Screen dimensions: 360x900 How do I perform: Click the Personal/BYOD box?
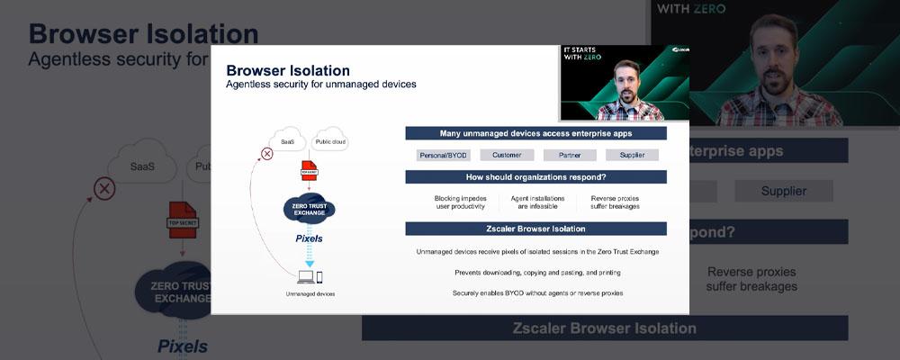click(x=445, y=155)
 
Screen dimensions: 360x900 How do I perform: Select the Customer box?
click(x=507, y=155)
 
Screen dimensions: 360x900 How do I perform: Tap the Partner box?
click(x=569, y=155)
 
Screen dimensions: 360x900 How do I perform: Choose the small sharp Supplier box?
click(x=632, y=155)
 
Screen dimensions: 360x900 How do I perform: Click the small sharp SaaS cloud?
click(x=287, y=141)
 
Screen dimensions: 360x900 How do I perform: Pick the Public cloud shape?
click(x=329, y=141)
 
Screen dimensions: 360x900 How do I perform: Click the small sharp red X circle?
click(x=266, y=154)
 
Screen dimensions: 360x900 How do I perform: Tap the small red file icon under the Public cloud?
click(x=309, y=170)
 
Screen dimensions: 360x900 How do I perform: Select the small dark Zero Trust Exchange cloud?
click(x=309, y=208)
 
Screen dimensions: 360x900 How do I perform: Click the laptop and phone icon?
click(x=309, y=277)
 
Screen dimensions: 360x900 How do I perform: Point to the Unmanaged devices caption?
click(x=310, y=294)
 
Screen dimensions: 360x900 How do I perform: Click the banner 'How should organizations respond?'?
click(x=535, y=176)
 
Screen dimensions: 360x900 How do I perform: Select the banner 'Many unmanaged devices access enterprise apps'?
click(x=535, y=133)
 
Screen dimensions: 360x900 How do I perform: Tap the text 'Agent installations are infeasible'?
click(x=537, y=202)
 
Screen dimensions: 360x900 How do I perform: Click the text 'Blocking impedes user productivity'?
click(x=462, y=202)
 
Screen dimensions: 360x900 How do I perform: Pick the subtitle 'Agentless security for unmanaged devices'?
click(x=320, y=85)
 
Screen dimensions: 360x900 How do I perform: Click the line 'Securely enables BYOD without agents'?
click(x=537, y=292)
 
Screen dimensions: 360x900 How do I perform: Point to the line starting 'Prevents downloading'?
click(x=537, y=272)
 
